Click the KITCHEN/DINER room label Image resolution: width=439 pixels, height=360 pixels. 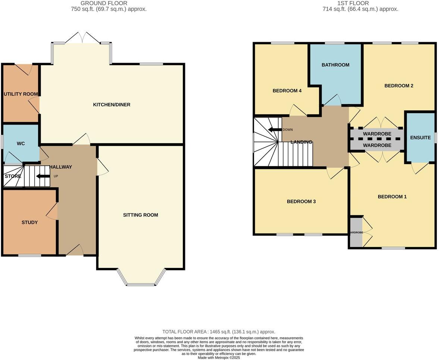112,105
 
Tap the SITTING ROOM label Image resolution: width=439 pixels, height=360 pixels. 141,215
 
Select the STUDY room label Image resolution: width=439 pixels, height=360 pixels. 29,222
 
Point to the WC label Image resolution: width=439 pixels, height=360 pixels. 21,144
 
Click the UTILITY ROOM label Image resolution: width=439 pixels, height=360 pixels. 21,94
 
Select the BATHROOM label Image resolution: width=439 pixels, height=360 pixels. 335,65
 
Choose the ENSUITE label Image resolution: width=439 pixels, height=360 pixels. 420,138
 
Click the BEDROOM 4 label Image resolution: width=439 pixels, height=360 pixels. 287,91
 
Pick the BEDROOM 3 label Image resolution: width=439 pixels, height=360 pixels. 301,201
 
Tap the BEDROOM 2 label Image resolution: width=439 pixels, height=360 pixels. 399,86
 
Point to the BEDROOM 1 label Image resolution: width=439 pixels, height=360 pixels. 392,197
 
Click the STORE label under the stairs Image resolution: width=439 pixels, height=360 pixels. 13,176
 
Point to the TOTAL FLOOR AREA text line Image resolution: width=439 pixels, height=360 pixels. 219,332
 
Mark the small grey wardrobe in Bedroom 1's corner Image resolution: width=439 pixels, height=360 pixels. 356,232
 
